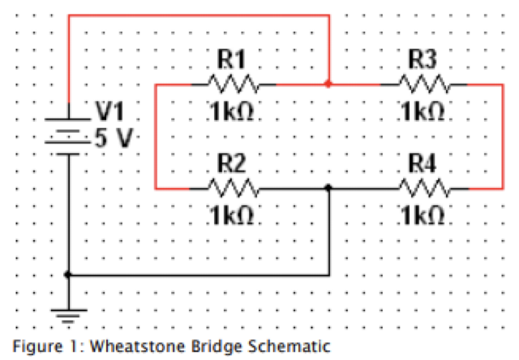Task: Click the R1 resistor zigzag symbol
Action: [233, 84]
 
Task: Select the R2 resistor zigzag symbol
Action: [233, 188]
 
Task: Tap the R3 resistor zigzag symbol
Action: [422, 84]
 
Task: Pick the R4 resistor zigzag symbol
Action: [422, 188]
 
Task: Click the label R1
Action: [232, 58]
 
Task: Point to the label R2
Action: [232, 163]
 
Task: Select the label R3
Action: [422, 58]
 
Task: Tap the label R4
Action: [422, 163]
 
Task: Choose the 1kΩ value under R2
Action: [233, 216]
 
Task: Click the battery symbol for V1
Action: [68, 134]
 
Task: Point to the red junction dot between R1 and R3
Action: [328, 84]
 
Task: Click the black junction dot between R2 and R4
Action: [328, 188]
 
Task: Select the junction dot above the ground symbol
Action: [68, 275]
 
